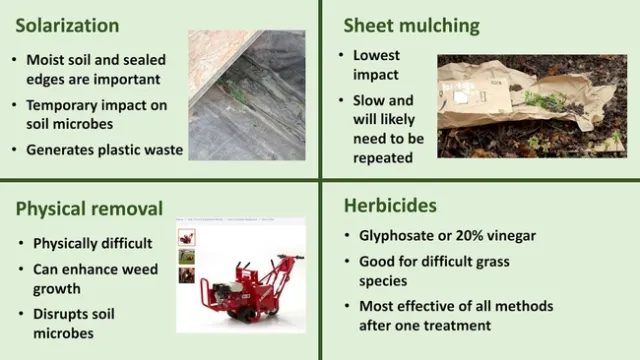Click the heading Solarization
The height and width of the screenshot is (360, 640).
[67, 25]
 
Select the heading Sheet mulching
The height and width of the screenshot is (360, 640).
[411, 25]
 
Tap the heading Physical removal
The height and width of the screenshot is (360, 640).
[89, 208]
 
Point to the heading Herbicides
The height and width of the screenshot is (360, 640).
[390, 206]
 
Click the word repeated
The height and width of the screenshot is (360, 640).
[382, 158]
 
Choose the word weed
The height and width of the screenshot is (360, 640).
[139, 270]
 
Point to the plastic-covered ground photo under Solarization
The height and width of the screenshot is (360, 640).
[247, 95]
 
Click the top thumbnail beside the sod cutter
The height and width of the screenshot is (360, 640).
[187, 238]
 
